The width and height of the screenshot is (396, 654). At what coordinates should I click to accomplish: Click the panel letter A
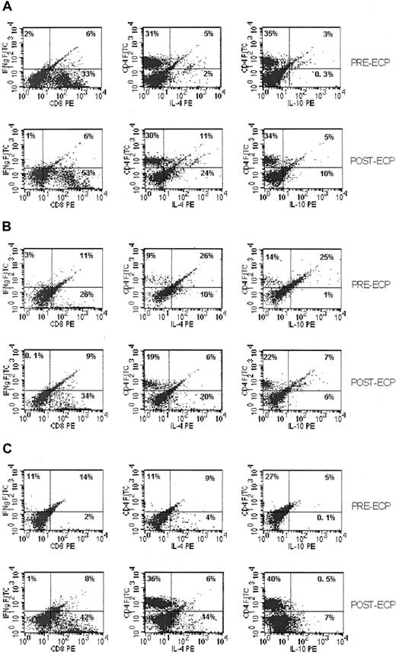click(x=7, y=7)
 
